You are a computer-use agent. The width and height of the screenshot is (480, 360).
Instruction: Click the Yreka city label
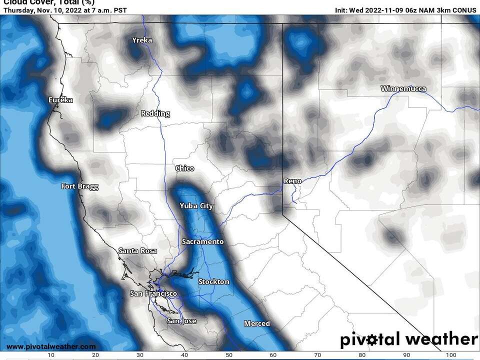pyautogui.click(x=141, y=40)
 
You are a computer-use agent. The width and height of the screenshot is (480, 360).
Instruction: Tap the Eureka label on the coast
pyautogui.click(x=60, y=100)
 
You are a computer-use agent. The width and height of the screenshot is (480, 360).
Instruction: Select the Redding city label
pyautogui.click(x=155, y=113)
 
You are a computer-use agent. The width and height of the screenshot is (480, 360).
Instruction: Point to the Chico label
pyautogui.click(x=184, y=168)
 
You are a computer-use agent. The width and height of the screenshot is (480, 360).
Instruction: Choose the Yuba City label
pyautogui.click(x=196, y=206)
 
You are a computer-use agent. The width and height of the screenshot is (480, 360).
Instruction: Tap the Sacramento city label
pyautogui.click(x=202, y=241)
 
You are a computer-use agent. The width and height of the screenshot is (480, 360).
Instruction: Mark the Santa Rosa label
pyautogui.click(x=137, y=250)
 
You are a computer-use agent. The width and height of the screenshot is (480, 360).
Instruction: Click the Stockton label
pyautogui.click(x=213, y=281)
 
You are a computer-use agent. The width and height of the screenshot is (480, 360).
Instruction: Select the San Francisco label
pyautogui.click(x=153, y=293)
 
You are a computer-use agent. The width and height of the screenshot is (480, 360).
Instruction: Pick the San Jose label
pyautogui.click(x=181, y=321)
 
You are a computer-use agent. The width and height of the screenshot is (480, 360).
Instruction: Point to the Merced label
pyautogui.click(x=257, y=323)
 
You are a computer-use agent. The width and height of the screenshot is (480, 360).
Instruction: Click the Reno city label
pyautogui.click(x=292, y=181)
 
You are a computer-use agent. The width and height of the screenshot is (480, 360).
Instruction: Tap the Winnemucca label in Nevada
pyautogui.click(x=403, y=89)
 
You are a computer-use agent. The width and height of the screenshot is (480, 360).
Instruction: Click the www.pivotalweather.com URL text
pyautogui.click(x=51, y=346)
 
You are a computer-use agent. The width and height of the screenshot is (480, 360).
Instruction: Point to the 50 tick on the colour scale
pyautogui.click(x=229, y=355)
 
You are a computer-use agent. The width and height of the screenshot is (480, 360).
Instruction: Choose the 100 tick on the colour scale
pyautogui.click(x=451, y=355)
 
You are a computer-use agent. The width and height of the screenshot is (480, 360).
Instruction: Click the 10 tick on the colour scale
pyautogui.click(x=51, y=355)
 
